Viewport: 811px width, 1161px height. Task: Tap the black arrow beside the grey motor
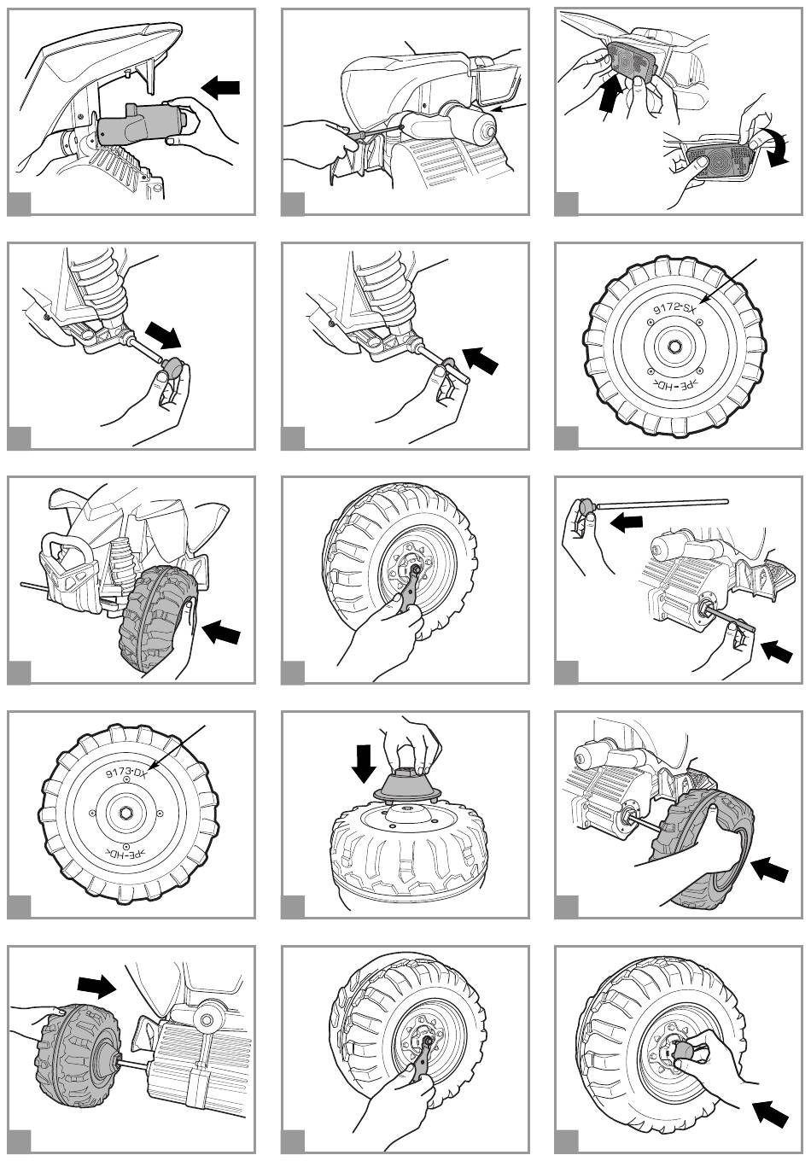[x=221, y=86]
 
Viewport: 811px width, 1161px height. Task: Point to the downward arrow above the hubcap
[x=365, y=762]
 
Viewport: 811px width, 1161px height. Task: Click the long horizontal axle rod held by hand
[x=662, y=505]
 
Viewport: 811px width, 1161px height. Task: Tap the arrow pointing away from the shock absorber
[x=164, y=334]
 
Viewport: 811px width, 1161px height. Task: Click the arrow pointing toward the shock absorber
[x=479, y=359]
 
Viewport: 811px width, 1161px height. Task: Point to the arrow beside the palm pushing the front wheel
[x=221, y=633]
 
